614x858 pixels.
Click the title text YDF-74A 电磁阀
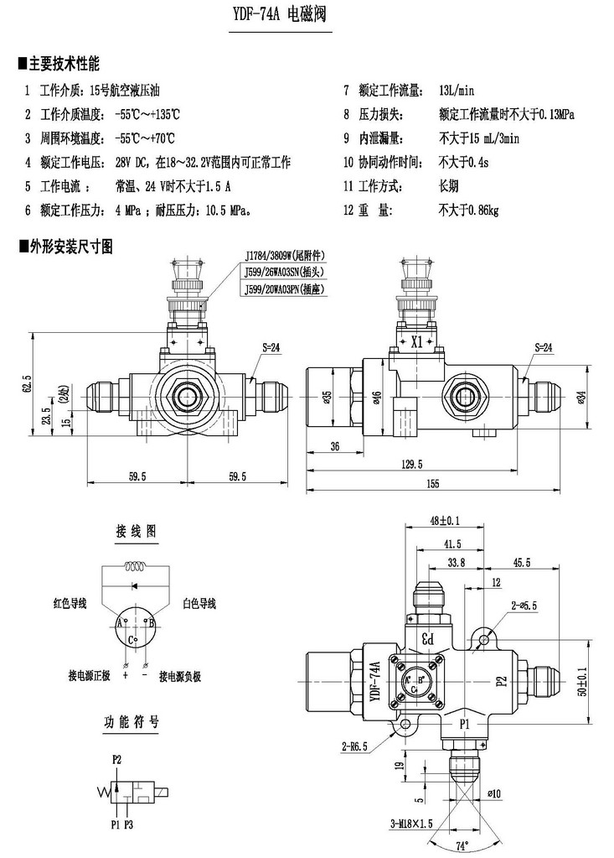(281, 15)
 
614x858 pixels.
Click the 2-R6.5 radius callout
(357, 744)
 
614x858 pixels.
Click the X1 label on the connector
(416, 341)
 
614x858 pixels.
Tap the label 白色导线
(199, 603)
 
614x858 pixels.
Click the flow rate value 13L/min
(457, 91)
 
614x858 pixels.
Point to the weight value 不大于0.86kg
(468, 211)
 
